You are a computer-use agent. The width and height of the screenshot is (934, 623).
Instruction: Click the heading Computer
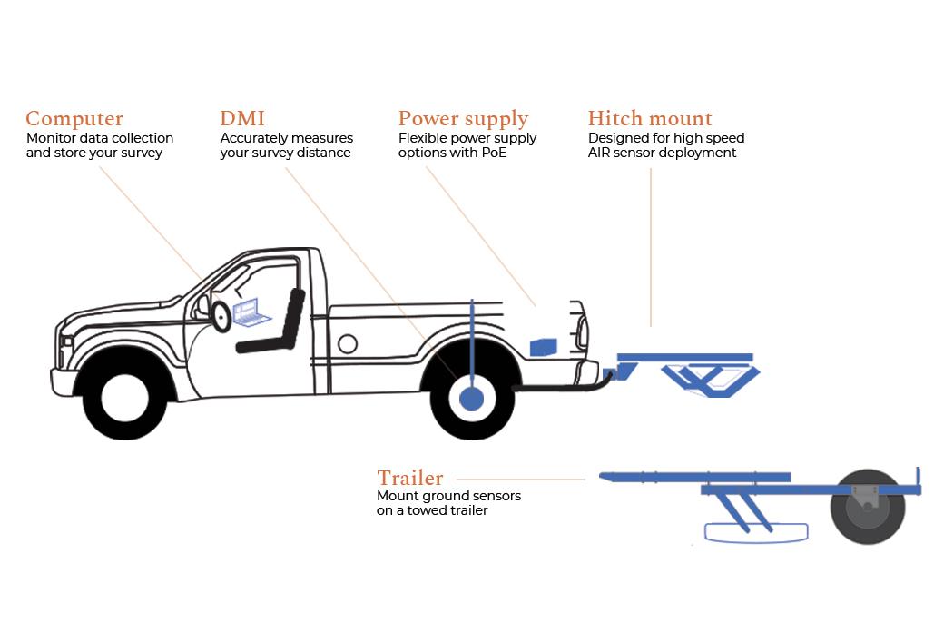click(x=74, y=119)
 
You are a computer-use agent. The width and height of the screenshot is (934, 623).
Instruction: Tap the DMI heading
click(x=242, y=119)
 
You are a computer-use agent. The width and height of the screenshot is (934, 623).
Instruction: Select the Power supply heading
click(x=463, y=119)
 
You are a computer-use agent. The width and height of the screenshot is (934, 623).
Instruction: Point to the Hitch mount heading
click(x=650, y=119)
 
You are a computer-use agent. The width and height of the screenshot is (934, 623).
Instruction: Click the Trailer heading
click(x=410, y=478)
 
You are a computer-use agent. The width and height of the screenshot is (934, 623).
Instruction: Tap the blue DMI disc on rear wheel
click(x=472, y=399)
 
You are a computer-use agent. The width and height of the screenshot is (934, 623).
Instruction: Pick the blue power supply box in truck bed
click(x=543, y=346)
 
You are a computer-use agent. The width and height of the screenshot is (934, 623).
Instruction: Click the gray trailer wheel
click(x=868, y=507)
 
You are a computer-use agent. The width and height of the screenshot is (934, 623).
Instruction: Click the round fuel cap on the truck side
click(x=347, y=343)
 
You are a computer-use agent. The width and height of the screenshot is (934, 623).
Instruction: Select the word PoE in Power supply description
click(x=494, y=153)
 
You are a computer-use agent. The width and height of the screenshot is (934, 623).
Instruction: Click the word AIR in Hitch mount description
click(x=599, y=153)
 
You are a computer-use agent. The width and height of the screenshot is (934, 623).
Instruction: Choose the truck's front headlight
click(x=66, y=342)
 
